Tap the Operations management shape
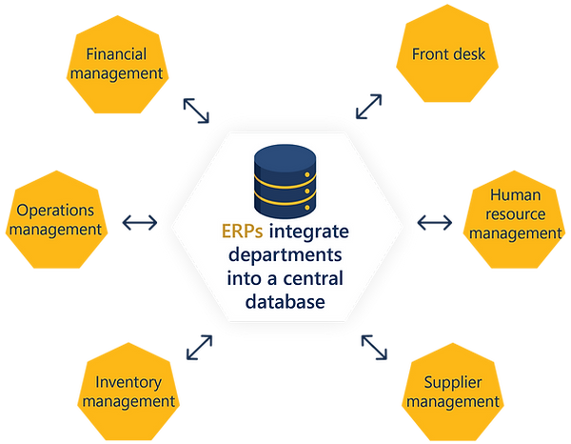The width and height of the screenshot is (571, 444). [61, 219]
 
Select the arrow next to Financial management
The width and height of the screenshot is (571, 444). [198, 111]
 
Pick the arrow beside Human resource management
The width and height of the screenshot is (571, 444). [436, 223]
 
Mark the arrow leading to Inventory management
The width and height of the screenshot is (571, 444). [201, 345]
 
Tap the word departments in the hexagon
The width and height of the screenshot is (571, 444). [285, 255]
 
